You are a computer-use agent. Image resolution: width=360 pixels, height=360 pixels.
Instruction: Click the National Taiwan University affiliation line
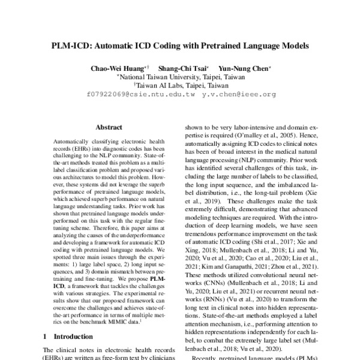coord(181,77)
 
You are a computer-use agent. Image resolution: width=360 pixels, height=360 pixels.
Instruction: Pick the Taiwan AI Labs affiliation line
coord(181,85)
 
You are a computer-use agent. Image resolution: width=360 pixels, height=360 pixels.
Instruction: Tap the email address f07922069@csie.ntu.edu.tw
coord(141,94)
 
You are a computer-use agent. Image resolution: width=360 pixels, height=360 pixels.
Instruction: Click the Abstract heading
coord(108,127)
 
